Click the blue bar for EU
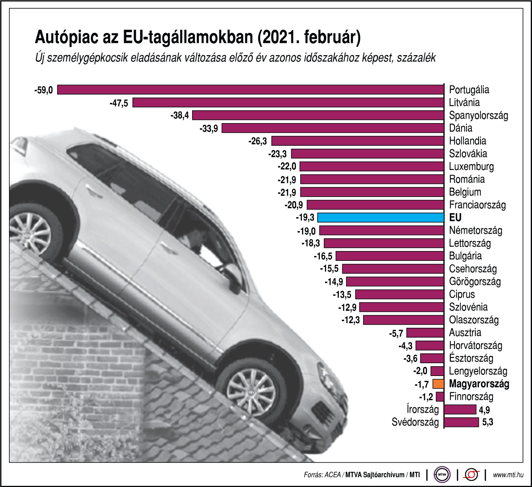pos(380,217)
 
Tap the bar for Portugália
pos(250,89)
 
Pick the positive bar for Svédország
pos(461,422)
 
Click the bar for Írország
pos(460,409)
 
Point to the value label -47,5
pos(119,103)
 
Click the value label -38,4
pos(180,116)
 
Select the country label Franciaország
pos(477,205)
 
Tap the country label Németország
pos(475,230)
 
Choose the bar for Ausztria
pos(425,333)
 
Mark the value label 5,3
pos(488,422)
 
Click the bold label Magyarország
pos(479,384)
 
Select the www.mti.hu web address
pos(508,475)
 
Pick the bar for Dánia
pos(333,128)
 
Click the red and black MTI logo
pos(471,474)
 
